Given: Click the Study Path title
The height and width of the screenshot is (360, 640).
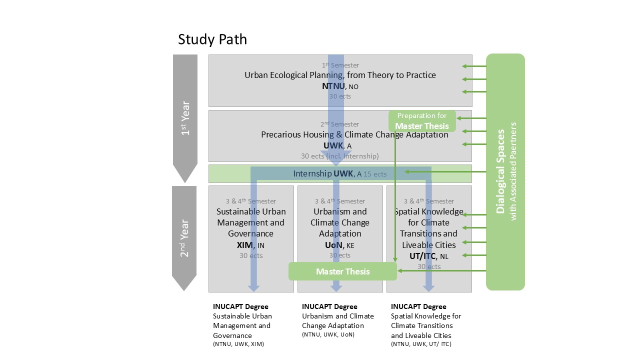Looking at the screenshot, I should tap(212, 39).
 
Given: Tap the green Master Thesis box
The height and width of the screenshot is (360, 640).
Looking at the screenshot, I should tap(343, 271).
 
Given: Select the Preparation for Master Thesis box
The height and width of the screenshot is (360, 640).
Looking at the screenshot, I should tap(422, 121).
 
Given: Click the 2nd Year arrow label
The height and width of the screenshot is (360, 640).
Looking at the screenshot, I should tap(184, 238).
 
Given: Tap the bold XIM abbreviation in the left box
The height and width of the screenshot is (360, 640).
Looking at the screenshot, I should tap(245, 245).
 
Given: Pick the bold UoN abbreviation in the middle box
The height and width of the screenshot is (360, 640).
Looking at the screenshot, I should tap(334, 245).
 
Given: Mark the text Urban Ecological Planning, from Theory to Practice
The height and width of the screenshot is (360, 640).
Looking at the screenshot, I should tap(340, 75).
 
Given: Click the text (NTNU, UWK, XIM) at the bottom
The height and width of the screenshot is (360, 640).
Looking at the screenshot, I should tap(238, 344).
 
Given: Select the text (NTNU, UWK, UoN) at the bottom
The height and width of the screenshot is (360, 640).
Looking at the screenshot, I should tap(328, 334).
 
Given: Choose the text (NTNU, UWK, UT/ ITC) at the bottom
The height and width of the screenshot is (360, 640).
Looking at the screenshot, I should tap(421, 344).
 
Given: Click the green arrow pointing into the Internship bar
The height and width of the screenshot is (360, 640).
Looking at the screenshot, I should tap(408, 172).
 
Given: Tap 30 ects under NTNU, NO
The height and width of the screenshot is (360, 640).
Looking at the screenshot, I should tap(340, 96).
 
